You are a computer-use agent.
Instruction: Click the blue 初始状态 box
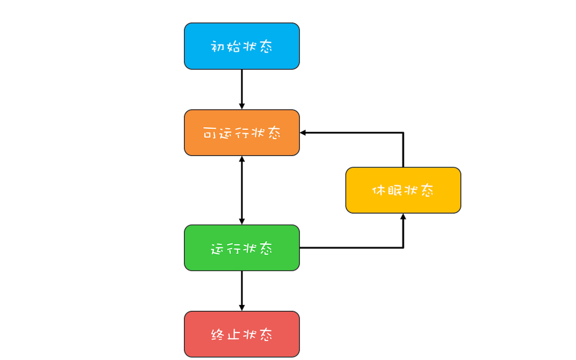(242, 46)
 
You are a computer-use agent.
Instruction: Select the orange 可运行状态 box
(242, 133)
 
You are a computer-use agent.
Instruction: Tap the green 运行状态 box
(242, 248)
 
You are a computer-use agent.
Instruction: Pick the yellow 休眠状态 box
(403, 190)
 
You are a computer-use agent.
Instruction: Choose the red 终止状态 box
(242, 334)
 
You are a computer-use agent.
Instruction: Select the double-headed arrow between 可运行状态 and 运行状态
(242, 190)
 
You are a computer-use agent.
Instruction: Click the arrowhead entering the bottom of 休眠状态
(403, 217)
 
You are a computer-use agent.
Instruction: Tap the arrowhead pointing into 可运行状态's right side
(303, 133)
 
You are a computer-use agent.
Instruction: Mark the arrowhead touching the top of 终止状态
(242, 308)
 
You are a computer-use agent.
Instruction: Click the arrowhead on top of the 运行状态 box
(242, 221)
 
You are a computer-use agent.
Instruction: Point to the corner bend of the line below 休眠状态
(403, 248)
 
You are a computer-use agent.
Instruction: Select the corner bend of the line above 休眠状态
(403, 133)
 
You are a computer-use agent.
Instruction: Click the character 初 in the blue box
(217, 47)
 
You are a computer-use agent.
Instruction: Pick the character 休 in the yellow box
(378, 191)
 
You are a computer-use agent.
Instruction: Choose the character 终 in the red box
(217, 334)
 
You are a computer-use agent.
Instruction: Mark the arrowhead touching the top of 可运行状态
(242, 106)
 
